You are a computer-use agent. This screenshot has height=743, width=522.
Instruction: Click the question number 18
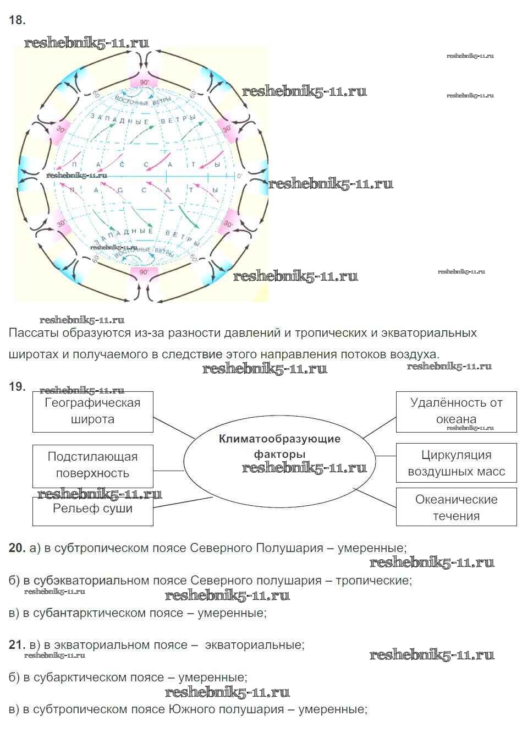17,20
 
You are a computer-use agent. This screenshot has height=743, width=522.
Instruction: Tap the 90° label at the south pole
144,272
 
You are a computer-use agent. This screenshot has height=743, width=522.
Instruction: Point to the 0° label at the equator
239,176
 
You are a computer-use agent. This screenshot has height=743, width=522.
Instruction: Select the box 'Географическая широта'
92,411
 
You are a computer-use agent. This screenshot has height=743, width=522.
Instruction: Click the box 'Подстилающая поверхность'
92,465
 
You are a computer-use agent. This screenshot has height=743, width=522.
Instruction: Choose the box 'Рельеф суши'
92,509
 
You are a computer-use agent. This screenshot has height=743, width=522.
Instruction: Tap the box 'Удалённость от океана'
456,411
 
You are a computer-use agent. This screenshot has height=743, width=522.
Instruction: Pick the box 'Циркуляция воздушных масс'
456,463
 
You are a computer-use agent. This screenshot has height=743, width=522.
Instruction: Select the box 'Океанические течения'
456,507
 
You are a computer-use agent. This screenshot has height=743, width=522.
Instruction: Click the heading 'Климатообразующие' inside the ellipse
279,439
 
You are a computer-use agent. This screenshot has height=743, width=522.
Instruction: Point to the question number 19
17,386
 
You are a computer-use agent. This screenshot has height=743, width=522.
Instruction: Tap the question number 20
17,548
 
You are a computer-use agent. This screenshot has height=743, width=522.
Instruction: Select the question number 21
17,644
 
